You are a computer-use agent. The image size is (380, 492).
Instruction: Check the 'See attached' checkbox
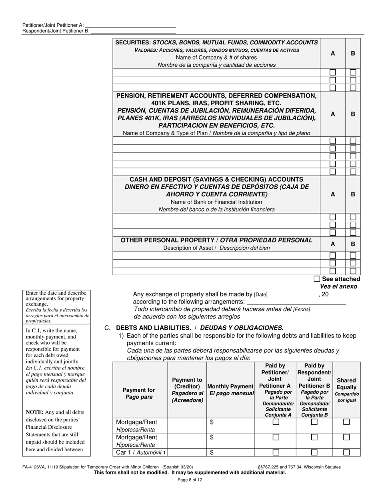pyautogui.click(x=317, y=279)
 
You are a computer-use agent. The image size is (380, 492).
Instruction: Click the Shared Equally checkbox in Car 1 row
pyautogui.click(x=346, y=452)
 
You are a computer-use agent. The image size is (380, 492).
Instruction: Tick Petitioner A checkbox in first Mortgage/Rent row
pyautogui.click(x=276, y=422)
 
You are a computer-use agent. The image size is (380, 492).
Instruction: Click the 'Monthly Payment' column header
pyautogui.click(x=230, y=390)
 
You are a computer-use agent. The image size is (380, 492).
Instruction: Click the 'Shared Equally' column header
pyautogui.click(x=346, y=390)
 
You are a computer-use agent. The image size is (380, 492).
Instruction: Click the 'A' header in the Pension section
pyautogui.click(x=333, y=114)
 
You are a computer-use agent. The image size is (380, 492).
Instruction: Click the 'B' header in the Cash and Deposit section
pyautogui.click(x=353, y=194)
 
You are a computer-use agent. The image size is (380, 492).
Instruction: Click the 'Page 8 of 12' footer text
pyautogui.click(x=190, y=480)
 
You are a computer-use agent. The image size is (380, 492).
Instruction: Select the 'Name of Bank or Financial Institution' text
pyautogui.click(x=216, y=202)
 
